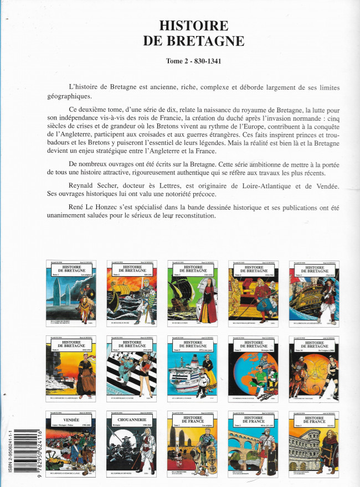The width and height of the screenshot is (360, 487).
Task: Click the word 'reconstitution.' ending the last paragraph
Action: coord(187,215)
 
